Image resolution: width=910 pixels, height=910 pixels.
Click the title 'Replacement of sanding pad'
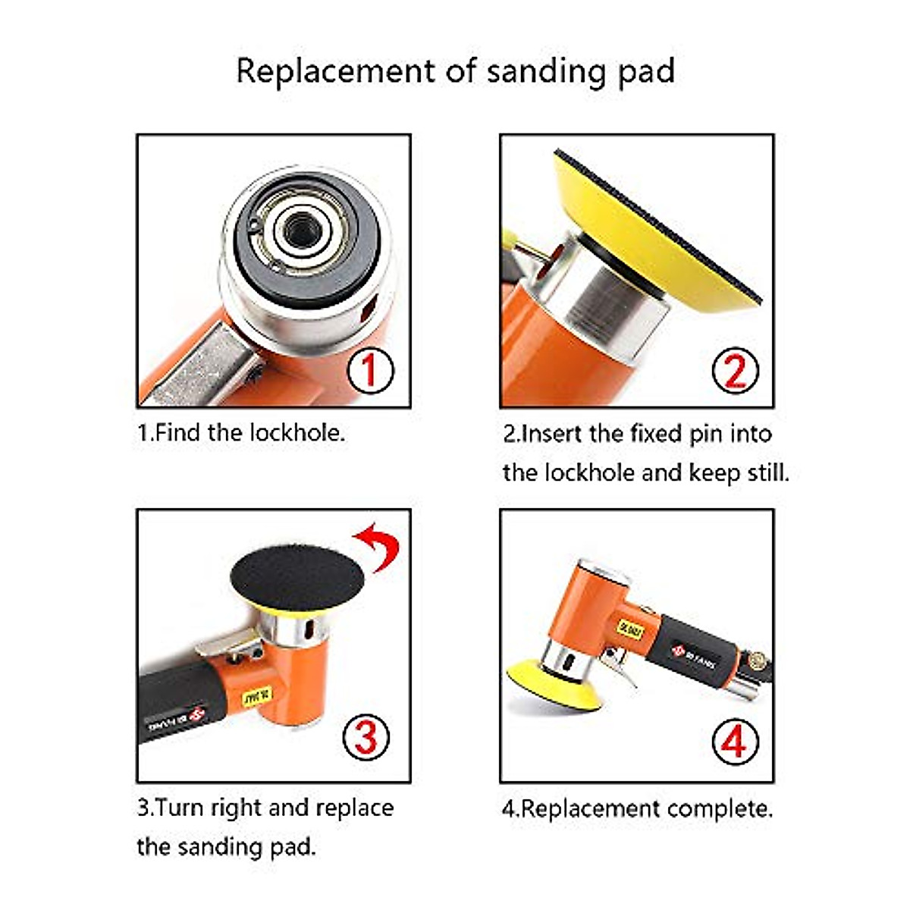455,71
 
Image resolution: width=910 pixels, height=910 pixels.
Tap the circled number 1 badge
369,370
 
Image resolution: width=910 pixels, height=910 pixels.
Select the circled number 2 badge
734,371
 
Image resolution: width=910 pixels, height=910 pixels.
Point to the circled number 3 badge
366,736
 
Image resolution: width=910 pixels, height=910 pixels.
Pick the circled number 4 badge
734,741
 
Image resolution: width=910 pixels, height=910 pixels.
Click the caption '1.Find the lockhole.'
241,433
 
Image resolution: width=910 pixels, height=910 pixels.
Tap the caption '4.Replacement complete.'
637,808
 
